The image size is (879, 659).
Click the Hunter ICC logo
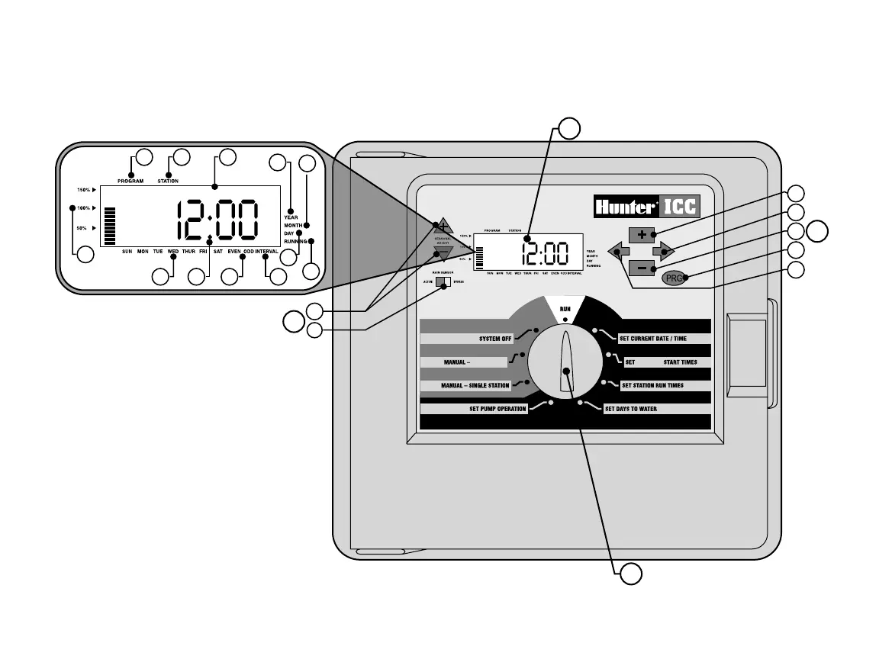click(646, 207)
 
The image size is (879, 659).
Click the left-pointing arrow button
click(618, 249)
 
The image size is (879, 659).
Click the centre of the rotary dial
click(566, 371)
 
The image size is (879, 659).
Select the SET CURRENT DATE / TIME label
click(652, 338)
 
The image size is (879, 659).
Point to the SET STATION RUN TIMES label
click(652, 386)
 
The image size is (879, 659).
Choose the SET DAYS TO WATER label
click(630, 409)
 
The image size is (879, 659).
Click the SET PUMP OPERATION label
click(497, 409)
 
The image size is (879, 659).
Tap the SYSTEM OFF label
click(495, 339)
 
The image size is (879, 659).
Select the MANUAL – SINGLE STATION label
click(475, 386)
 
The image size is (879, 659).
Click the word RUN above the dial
click(565, 308)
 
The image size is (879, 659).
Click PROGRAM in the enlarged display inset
click(130, 181)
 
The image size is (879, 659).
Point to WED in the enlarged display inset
click(173, 251)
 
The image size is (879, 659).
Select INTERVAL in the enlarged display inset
click(266, 251)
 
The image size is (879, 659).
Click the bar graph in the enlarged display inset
click(109, 227)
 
